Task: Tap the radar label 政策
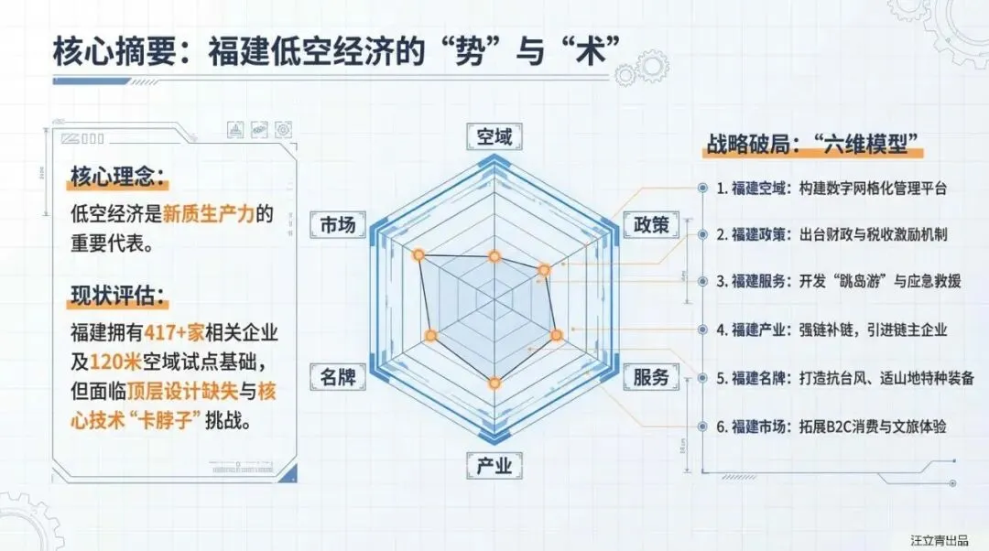651,224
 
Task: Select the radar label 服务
651,376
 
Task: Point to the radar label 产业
494,466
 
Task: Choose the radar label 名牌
337,376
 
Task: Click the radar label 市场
337,224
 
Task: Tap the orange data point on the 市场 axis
418,254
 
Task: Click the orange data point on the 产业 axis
494,384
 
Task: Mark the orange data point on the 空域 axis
494,257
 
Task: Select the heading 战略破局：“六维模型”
811,145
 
